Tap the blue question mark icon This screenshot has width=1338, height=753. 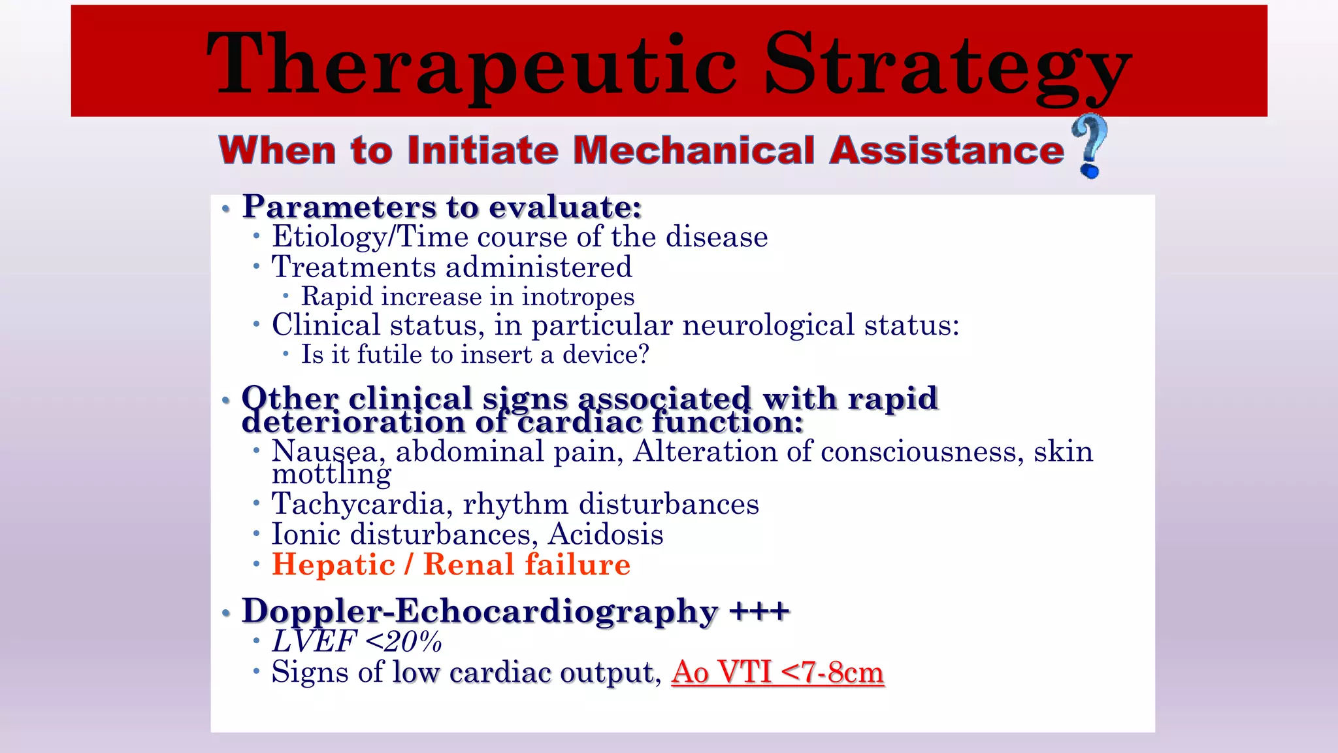[1090, 145]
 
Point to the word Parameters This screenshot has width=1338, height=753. [339, 207]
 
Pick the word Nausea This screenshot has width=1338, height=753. [324, 452]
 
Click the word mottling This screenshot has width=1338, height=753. [331, 474]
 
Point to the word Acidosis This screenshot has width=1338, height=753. [606, 535]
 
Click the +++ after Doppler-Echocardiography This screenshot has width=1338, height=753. [759, 612]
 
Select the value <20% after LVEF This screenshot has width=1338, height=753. [404, 642]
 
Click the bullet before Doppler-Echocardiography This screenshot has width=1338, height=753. [226, 613]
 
